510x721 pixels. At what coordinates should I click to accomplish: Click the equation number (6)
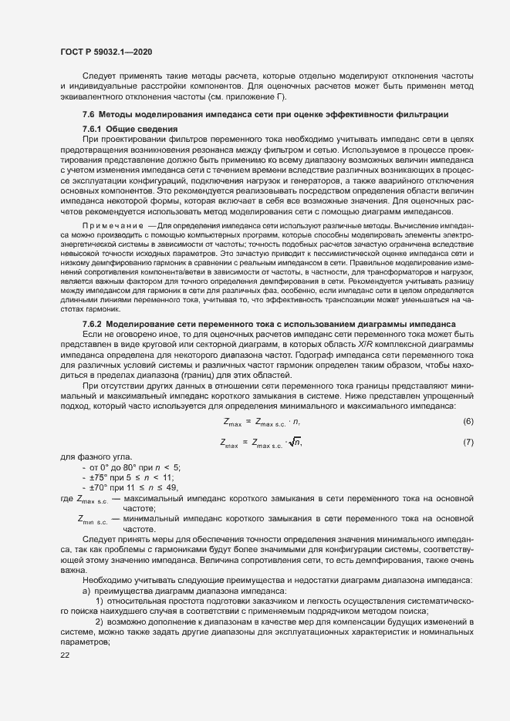pyautogui.click(x=467, y=421)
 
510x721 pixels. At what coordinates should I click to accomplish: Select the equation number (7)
pyautogui.click(x=467, y=442)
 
